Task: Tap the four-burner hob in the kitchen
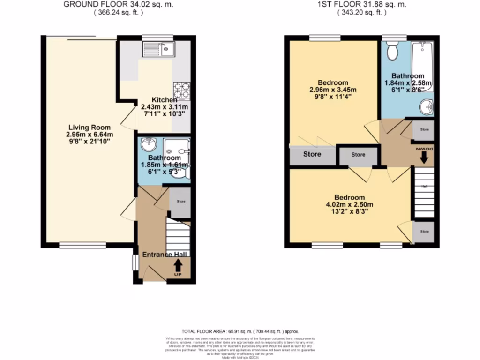182,91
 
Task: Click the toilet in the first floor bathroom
392,52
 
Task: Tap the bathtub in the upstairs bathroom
422,65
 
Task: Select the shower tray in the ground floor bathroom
178,151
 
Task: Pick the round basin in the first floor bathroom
427,107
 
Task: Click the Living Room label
90,127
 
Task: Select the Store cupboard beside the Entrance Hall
180,202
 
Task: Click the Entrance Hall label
165,254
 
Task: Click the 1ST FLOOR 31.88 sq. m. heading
361,5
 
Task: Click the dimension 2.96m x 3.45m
333,90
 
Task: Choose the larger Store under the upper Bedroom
312,154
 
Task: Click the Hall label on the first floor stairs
424,186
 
